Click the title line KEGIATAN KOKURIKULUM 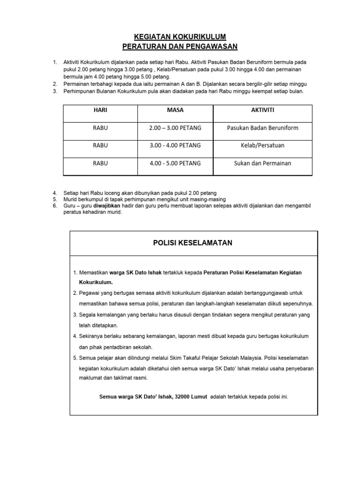point(180,37)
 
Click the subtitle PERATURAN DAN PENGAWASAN point(180,46)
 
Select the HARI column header point(100,110)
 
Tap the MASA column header point(175,110)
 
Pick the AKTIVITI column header point(262,110)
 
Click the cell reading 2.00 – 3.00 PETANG point(175,128)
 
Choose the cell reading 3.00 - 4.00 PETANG point(175,145)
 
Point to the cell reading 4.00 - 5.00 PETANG point(175,163)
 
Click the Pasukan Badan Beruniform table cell point(262,128)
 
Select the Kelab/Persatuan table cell point(262,145)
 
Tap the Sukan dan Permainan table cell point(262,163)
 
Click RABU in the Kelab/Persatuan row point(100,145)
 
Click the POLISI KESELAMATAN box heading point(193,243)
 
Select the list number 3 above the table point(55,91)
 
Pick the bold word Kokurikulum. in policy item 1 point(96,283)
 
